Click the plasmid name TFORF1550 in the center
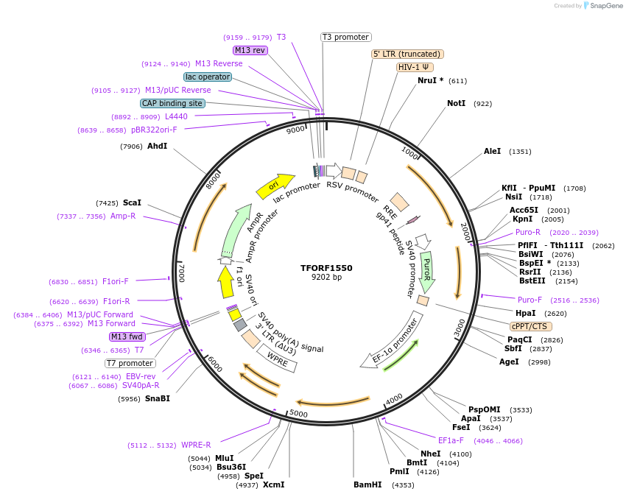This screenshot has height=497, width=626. tap(326, 268)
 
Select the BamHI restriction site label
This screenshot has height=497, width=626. tap(367, 484)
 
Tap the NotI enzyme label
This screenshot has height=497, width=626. tap(457, 103)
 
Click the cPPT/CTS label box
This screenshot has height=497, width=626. tap(530, 326)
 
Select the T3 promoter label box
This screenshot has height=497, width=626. tap(346, 37)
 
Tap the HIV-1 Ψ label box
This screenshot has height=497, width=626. tap(415, 67)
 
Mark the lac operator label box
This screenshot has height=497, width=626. tap(208, 77)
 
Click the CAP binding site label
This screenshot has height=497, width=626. tap(172, 104)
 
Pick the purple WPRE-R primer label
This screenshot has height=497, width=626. tap(196, 445)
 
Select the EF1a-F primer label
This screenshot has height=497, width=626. tap(451, 440)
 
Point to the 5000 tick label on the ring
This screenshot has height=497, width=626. tap(298, 414)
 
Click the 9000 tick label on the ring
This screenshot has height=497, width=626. tap(296, 130)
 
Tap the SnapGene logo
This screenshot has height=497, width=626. tap(602, 6)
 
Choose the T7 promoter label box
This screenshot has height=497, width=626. tap(130, 363)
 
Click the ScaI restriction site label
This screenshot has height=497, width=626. tap(132, 202)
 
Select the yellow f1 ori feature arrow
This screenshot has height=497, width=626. tap(225, 281)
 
